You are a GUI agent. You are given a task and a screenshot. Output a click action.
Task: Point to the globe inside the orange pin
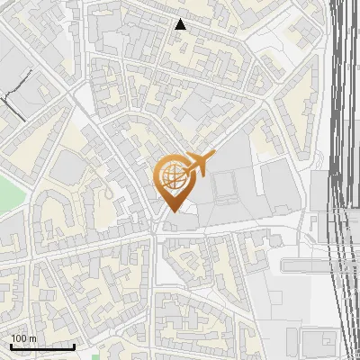point(173,177)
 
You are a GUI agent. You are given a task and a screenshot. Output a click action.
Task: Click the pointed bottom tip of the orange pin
point(173,211)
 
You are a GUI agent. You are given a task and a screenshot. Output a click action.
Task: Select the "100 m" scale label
point(23,339)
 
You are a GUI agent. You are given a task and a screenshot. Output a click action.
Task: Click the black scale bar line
point(42,346)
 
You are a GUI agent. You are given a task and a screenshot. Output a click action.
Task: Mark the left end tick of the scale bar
point(11,345)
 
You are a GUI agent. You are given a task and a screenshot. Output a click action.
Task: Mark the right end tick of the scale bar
point(74,345)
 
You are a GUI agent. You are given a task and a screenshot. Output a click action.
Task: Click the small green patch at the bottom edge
point(95,356)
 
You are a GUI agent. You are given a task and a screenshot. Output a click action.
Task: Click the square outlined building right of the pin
point(225,185)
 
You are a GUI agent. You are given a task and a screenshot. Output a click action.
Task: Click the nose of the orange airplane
point(213,158)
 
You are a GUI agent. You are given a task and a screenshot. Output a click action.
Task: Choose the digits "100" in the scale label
point(19,339)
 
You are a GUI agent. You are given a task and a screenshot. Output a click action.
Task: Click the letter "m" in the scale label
point(32,339)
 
